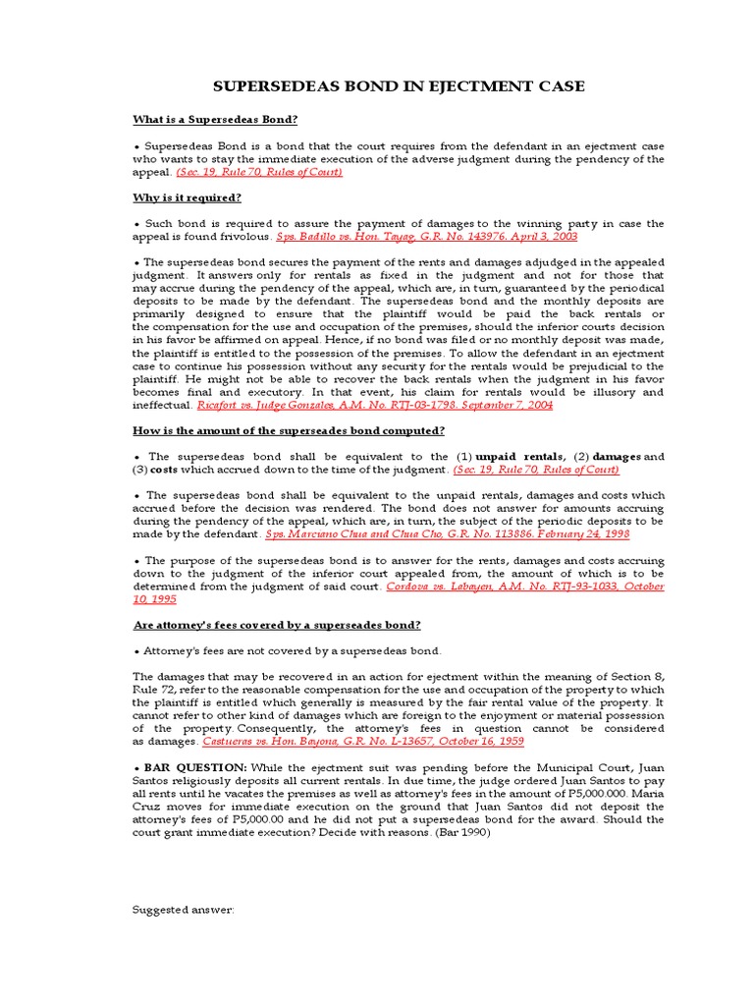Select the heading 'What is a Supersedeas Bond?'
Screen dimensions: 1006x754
point(214,120)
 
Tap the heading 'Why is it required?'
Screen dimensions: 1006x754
point(187,197)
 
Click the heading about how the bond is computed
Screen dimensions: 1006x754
point(289,430)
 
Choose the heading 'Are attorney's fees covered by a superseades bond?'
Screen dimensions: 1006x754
point(277,625)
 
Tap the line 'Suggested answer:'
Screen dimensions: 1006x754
point(184,910)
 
